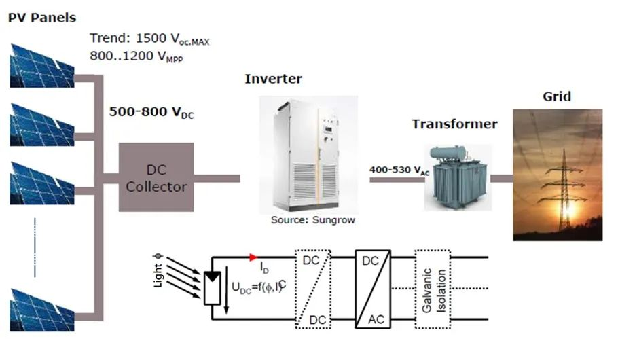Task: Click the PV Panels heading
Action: pyautogui.click(x=42, y=18)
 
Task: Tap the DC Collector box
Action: pyautogui.click(x=156, y=177)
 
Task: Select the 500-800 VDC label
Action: pyautogui.click(x=151, y=112)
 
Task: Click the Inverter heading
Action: pyautogui.click(x=274, y=79)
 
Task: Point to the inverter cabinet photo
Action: pyautogui.click(x=308, y=155)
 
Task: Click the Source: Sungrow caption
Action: pyautogui.click(x=313, y=220)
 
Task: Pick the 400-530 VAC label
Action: pyautogui.click(x=399, y=170)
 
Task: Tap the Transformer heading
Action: pyautogui.click(x=455, y=124)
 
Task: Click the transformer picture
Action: pyautogui.click(x=458, y=177)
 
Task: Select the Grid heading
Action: pyautogui.click(x=557, y=96)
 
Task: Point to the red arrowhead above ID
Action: pyautogui.click(x=253, y=257)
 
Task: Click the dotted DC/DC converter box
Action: pyautogui.click(x=313, y=289)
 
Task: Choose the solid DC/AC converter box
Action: pyautogui.click(x=373, y=289)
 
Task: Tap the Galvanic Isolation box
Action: pyautogui.click(x=433, y=289)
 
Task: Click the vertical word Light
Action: pyautogui.click(x=158, y=275)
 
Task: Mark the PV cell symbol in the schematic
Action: pyautogui.click(x=213, y=288)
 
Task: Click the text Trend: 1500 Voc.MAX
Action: pyautogui.click(x=149, y=39)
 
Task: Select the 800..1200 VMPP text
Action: pyautogui.click(x=137, y=56)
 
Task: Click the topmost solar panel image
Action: pyautogui.click(x=42, y=65)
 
